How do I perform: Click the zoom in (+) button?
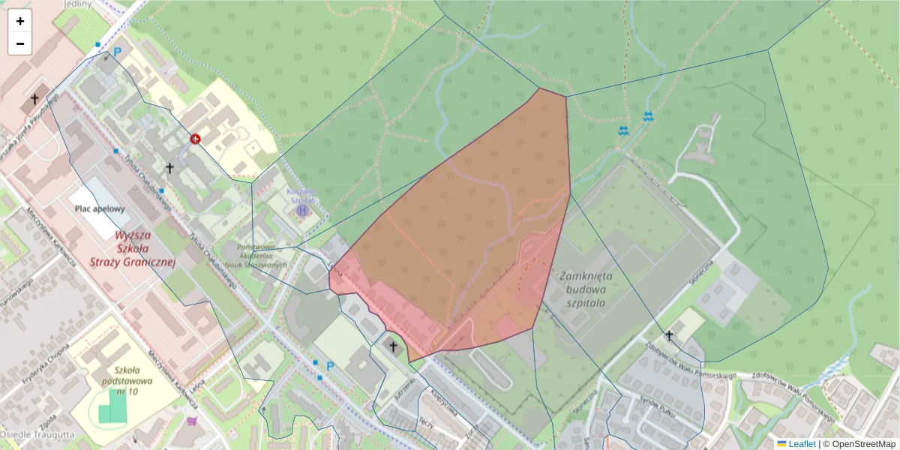click(x=20, y=21)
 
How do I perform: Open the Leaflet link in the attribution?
click(x=801, y=444)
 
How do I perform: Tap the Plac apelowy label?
click(x=100, y=209)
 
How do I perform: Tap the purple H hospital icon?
click(x=302, y=211)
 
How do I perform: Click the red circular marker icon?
click(x=195, y=139)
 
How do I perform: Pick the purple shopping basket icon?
click(x=193, y=422)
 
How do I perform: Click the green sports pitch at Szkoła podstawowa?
click(x=113, y=406)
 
